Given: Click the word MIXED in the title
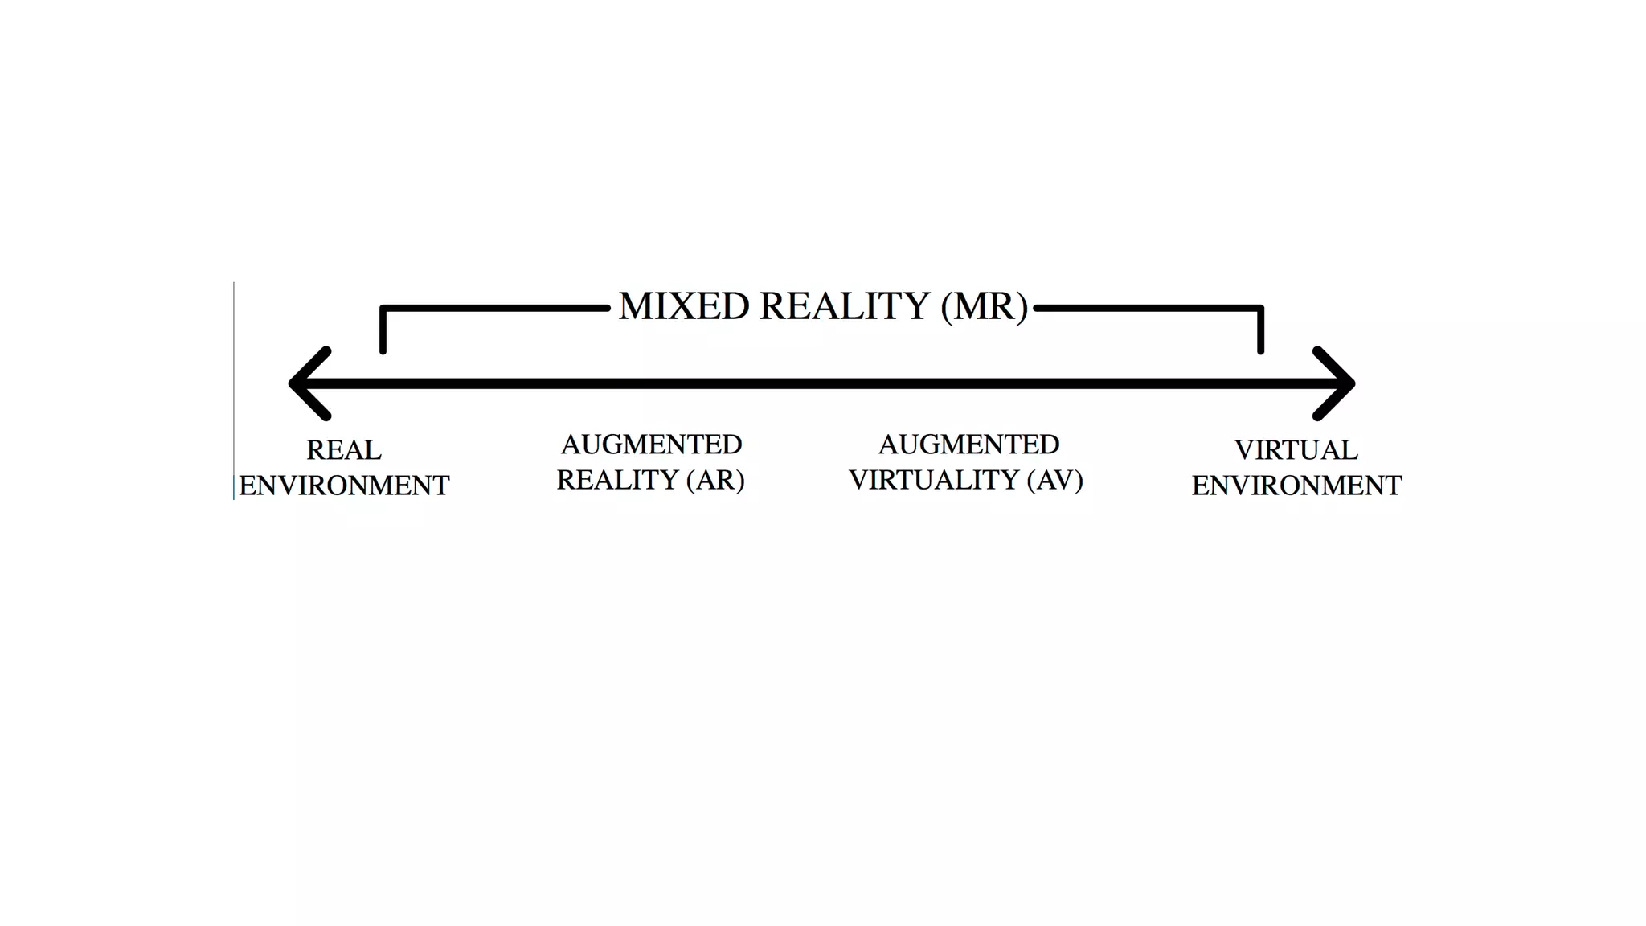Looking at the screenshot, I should [683, 306].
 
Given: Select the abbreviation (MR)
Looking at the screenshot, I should [984, 306].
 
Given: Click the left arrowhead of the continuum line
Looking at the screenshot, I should [309, 383].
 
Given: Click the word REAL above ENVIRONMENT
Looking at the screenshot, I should [344, 450].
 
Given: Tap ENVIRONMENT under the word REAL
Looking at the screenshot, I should [344, 486].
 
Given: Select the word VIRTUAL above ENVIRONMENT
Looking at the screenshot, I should [1296, 450].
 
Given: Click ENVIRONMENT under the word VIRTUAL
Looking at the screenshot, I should [1296, 486].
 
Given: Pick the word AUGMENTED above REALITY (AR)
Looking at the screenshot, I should [651, 444].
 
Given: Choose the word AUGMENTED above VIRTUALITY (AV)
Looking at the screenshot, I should [968, 444].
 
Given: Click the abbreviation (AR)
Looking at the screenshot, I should [715, 480].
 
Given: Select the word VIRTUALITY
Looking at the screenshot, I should [934, 480].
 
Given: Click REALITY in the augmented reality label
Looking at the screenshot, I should [617, 480].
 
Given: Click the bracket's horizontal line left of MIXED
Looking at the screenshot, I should [494, 308].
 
